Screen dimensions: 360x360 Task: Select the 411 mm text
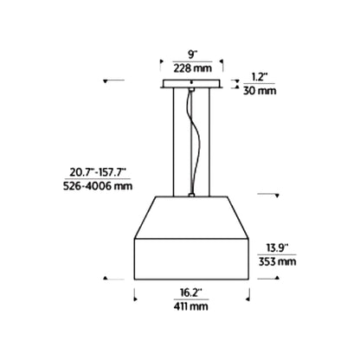[190, 306]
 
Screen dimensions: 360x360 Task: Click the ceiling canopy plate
[191, 84]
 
